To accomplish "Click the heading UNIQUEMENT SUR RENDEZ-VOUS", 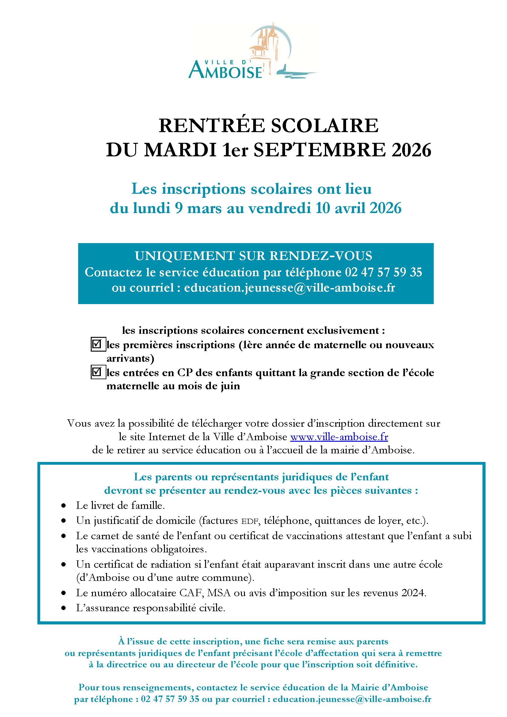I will (253, 256).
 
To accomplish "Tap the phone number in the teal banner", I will (383, 272).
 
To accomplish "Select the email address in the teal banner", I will (289, 288).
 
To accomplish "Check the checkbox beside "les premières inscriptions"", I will (97, 345).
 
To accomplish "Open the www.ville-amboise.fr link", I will (339, 437).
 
